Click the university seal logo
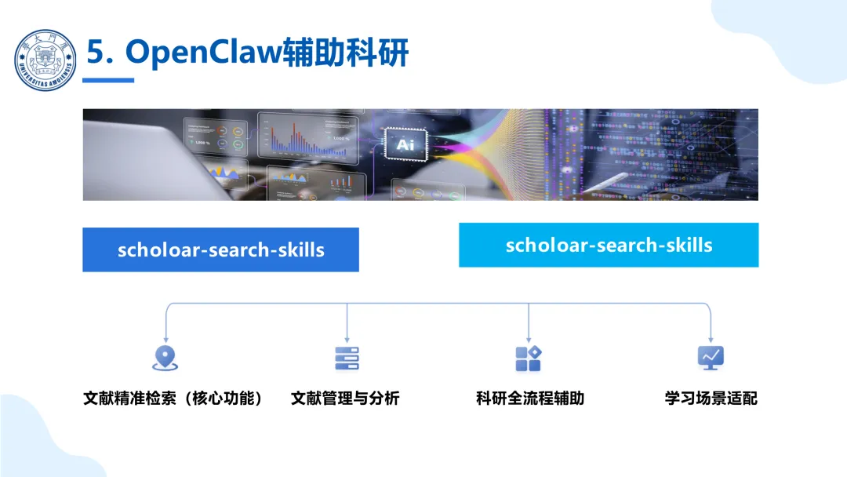coord(45,60)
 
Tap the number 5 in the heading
coord(95,53)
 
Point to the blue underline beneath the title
coord(108,79)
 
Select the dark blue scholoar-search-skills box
coord(220,250)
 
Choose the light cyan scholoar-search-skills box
coord(609,245)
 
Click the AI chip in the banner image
coord(405,144)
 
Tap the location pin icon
coord(165,358)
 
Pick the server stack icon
coord(347,358)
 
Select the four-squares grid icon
coord(529,358)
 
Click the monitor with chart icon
coord(711,358)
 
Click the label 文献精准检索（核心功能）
coord(173,399)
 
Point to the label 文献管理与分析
coord(345,399)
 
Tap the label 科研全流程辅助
coord(530,399)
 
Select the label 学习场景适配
coord(711,399)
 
